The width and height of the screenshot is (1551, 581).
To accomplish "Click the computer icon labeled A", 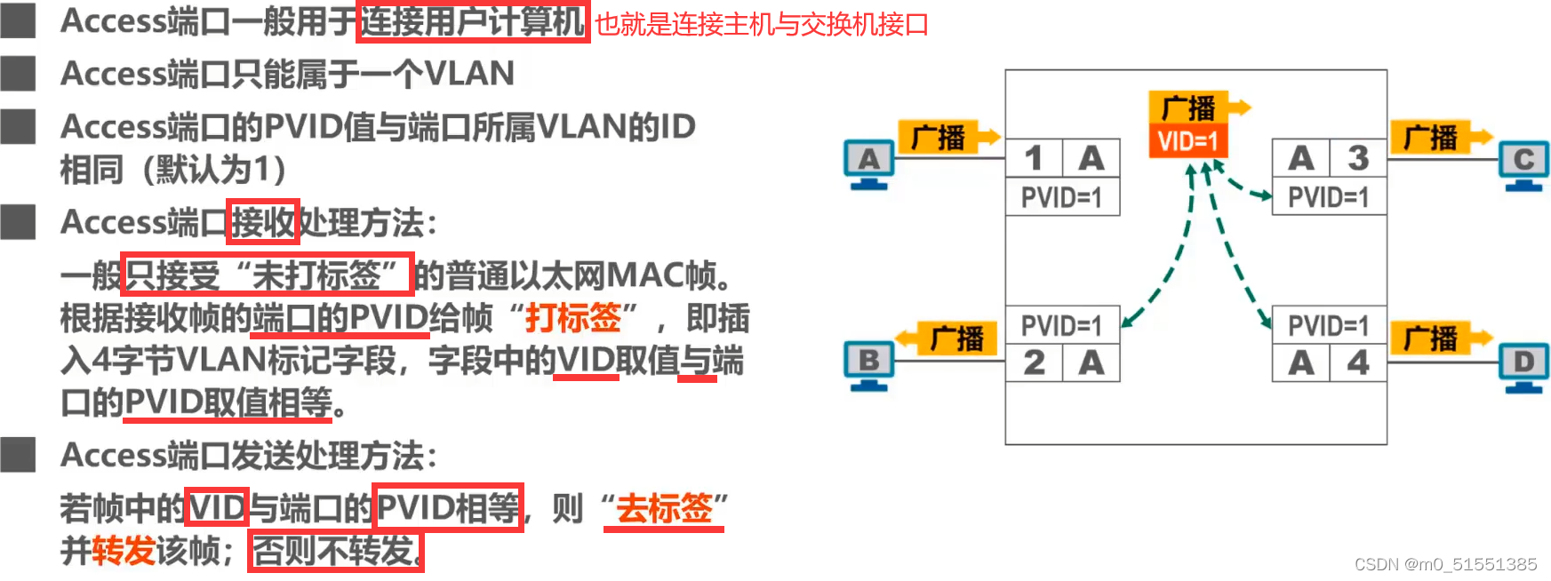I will [x=868, y=163].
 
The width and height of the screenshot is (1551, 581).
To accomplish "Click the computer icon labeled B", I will [x=868, y=364].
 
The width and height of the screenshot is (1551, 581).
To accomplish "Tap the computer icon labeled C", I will [x=1523, y=163].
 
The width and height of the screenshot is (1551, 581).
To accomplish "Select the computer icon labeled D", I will [x=1523, y=365].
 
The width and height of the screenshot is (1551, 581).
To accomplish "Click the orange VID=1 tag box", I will [x=1187, y=141].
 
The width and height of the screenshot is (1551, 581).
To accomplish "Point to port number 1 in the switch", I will [x=1034, y=158].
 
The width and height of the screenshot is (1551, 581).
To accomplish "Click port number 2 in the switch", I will [x=1034, y=362].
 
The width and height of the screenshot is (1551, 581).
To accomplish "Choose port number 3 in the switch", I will [x=1358, y=158].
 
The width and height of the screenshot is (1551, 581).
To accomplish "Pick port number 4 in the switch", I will [x=1358, y=362].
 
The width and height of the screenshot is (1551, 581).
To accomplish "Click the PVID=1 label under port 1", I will [x=1061, y=197].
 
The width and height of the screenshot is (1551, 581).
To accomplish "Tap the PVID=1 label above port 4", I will [x=1328, y=326].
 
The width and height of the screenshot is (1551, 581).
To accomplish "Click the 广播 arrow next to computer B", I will [x=947, y=338].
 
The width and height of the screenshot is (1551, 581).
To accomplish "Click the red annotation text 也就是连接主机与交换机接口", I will [x=761, y=24].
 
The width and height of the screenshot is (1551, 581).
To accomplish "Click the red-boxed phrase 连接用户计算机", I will [x=472, y=20].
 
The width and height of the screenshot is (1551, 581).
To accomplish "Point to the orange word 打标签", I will [x=572, y=317].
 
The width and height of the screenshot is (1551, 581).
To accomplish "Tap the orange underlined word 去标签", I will [x=664, y=508].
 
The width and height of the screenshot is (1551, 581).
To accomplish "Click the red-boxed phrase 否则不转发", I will [x=335, y=551].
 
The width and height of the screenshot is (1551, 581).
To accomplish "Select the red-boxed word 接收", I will [x=262, y=222].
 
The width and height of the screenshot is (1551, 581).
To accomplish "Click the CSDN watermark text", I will [x=1445, y=564].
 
